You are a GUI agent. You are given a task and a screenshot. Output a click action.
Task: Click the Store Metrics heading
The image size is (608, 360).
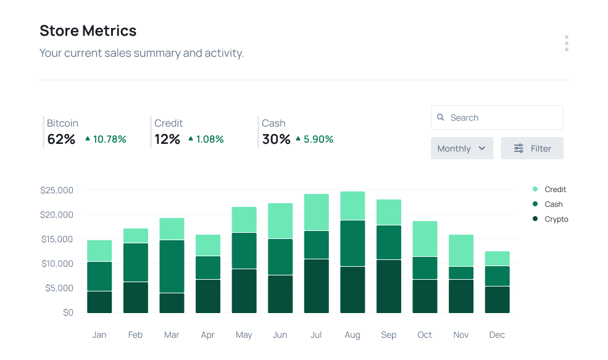coord(88,30)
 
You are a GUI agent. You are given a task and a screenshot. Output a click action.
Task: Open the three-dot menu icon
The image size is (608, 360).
coord(566,43)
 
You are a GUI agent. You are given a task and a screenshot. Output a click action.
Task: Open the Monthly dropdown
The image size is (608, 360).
coord(462,148)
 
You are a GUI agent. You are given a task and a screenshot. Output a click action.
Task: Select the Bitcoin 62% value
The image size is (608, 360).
coord(61,140)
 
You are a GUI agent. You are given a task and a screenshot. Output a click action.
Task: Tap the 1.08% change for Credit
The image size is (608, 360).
coord(209,140)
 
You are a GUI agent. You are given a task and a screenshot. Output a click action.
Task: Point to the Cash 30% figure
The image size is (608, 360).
coord(276,140)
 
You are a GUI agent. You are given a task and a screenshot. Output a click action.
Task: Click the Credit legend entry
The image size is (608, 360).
coord(554,190)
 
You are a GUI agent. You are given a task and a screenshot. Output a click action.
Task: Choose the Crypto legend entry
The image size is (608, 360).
coord(556,219)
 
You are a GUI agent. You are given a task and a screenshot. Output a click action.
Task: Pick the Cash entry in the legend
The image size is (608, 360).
coord(553,204)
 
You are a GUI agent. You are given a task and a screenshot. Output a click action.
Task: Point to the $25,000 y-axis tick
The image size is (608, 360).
coord(57,190)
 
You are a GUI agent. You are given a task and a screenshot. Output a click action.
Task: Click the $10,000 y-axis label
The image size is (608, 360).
coord(57,264)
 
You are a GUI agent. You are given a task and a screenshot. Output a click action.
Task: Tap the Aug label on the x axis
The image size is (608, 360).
coord(352,335)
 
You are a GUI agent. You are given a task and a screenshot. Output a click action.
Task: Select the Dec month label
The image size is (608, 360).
coord(497,335)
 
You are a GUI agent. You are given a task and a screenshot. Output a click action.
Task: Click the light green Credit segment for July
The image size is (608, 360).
coord(316,212)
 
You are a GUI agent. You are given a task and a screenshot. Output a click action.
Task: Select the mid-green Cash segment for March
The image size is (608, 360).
coord(172,266)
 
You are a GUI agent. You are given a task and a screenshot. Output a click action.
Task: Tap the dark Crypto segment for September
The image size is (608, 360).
coord(389,286)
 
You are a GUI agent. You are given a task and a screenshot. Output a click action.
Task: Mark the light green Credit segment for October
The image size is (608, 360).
coord(425,238)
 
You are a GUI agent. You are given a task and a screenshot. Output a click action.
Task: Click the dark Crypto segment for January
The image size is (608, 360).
coord(99,302)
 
